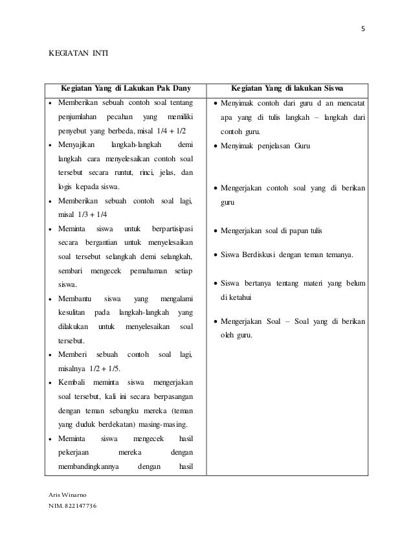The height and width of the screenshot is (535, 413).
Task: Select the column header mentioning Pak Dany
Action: point(127,88)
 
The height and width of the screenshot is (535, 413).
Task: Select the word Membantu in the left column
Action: point(78,299)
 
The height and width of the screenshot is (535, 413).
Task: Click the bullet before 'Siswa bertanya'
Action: point(216,284)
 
